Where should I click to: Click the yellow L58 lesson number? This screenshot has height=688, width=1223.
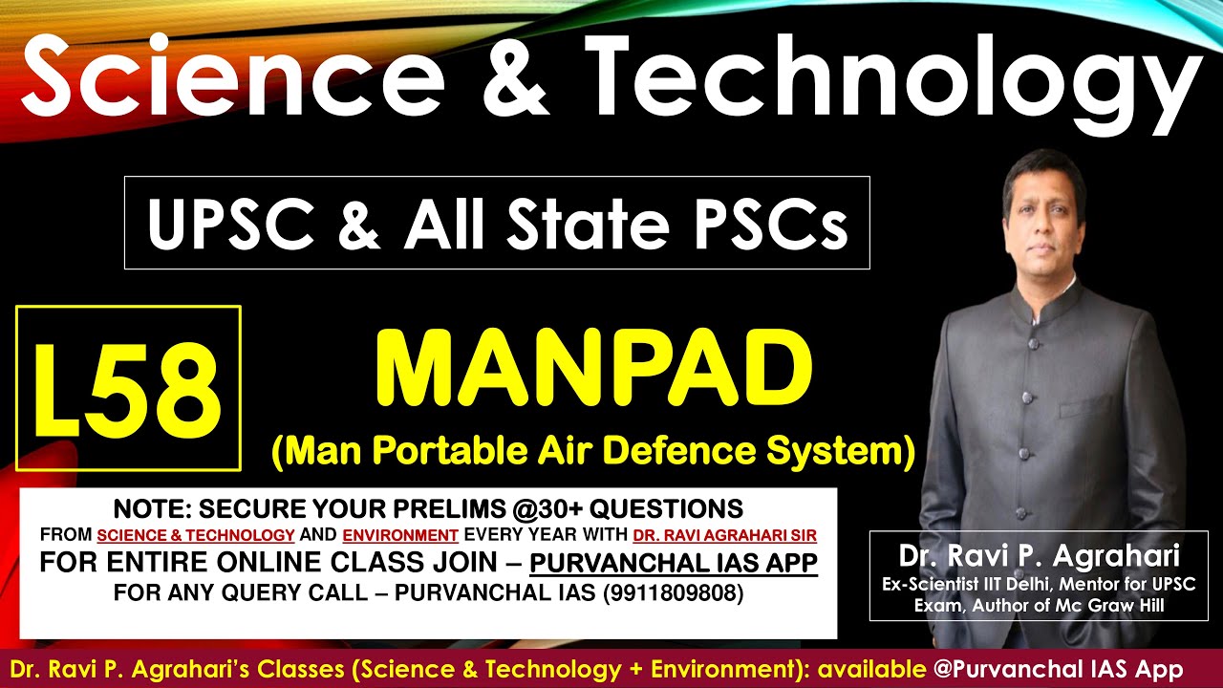pyautogui.click(x=127, y=389)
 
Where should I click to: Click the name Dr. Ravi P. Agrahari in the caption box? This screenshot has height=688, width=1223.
pyautogui.click(x=1039, y=556)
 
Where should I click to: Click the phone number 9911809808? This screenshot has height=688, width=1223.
pyautogui.click(x=672, y=592)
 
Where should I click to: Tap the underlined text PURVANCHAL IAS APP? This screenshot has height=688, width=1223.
pyautogui.click(x=674, y=563)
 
